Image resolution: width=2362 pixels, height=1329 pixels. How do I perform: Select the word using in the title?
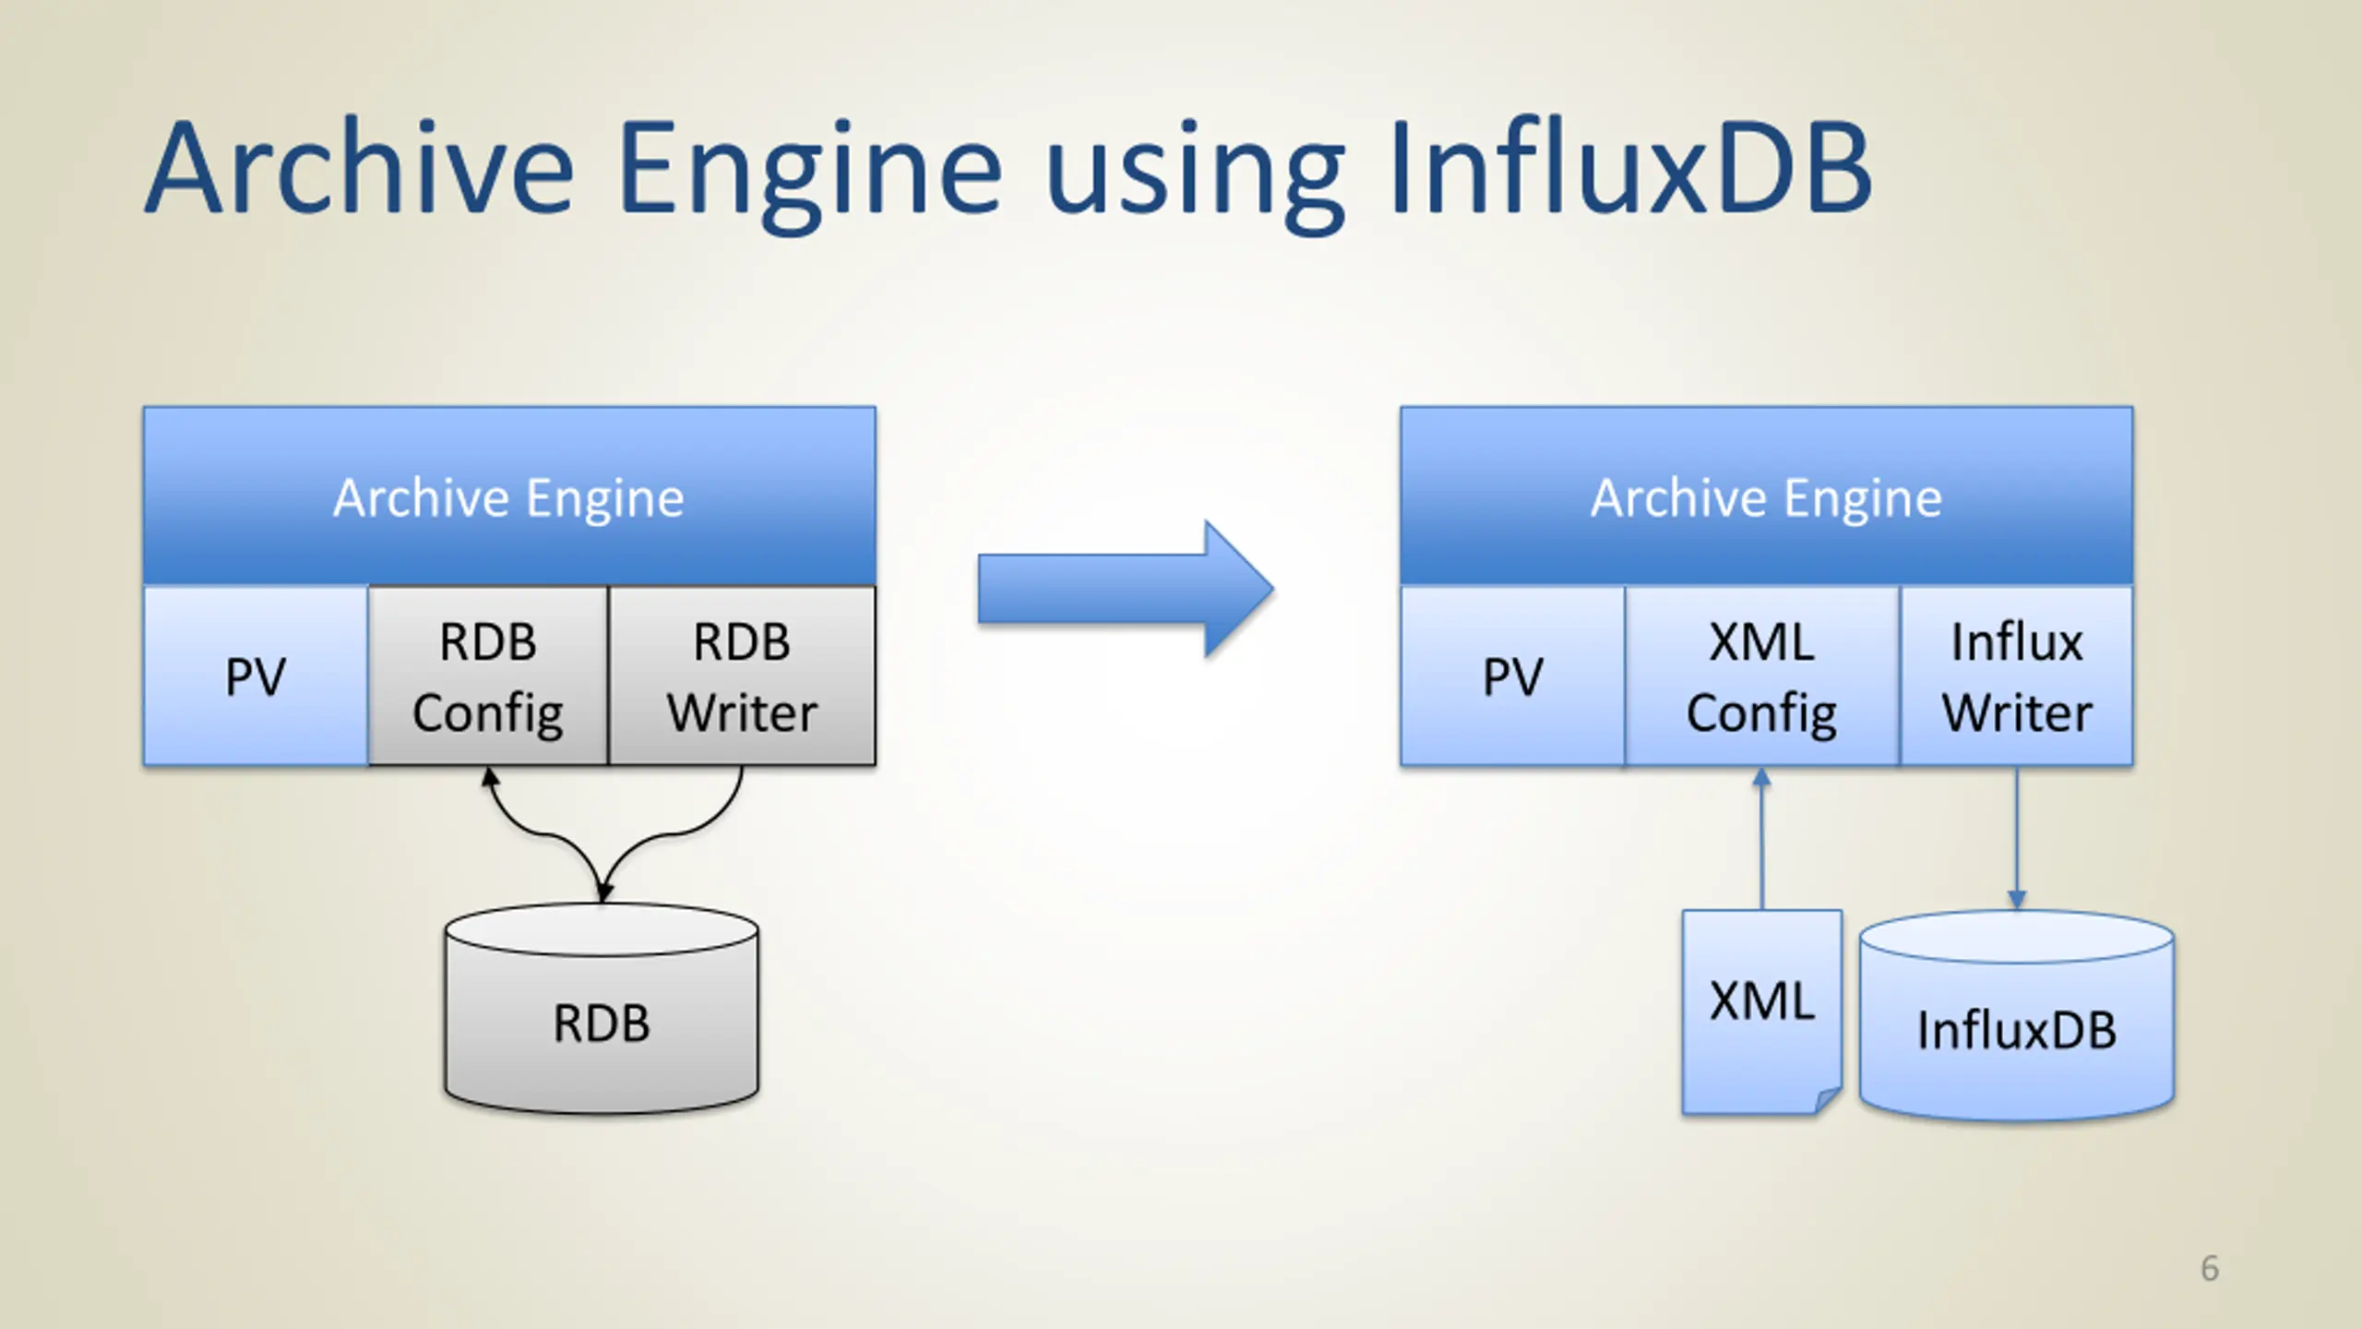point(1195,181)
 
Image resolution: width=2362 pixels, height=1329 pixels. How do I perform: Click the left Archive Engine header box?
point(509,496)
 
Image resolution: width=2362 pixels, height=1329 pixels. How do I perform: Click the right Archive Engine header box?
point(1766,496)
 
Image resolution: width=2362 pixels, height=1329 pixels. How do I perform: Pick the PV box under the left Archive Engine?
point(256,676)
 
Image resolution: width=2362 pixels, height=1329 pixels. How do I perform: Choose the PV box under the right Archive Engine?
point(1512,676)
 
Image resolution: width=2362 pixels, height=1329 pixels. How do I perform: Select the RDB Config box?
point(488,676)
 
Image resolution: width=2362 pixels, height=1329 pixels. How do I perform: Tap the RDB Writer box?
point(742,676)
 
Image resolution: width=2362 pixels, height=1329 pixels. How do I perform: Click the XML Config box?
point(1762,676)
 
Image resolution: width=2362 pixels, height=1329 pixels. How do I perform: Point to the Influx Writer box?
point(2017,676)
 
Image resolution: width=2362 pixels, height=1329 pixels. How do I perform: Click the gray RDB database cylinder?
point(602,1009)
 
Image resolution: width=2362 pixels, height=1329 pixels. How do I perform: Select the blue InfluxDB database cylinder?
point(2017,1016)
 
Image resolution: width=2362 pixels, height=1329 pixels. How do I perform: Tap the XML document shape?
point(1762,1012)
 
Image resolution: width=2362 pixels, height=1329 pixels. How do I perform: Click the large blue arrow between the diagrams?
point(1126,589)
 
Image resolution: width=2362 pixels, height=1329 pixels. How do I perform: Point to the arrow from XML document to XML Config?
point(1762,839)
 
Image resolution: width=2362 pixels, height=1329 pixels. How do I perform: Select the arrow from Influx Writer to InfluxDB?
point(2017,839)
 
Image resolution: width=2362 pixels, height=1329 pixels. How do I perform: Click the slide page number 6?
point(2210,1268)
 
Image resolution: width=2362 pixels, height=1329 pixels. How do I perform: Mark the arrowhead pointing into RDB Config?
point(490,778)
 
